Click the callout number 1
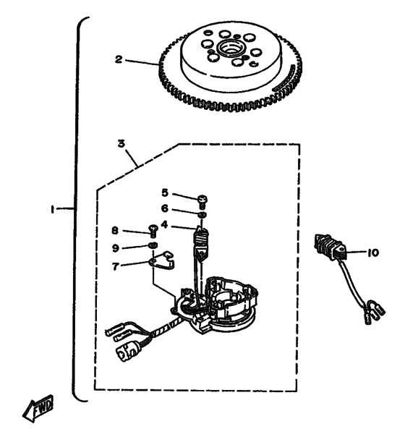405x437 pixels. point(52,209)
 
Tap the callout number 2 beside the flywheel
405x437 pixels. point(119,59)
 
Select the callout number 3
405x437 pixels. point(121,144)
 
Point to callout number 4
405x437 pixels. point(165,224)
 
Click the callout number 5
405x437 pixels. point(165,192)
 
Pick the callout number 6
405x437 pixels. point(165,208)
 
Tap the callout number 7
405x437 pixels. point(115,266)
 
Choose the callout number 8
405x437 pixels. point(115,231)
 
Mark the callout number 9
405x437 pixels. point(115,247)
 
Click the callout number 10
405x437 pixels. point(373,253)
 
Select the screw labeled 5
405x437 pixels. point(202,201)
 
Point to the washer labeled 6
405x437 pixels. point(202,215)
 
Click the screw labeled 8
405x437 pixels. point(153,231)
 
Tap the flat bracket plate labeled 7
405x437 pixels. point(162,260)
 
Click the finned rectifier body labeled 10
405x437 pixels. point(330,247)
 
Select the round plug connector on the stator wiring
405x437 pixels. point(126,352)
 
